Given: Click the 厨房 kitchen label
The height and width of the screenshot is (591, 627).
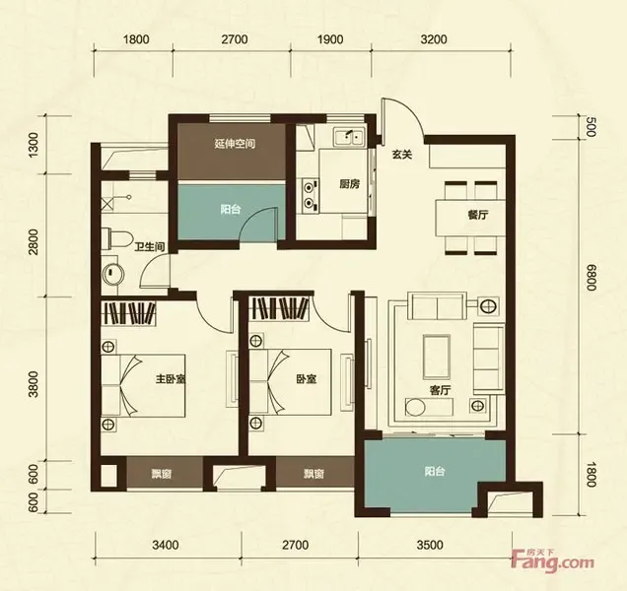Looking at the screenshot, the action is [350, 184].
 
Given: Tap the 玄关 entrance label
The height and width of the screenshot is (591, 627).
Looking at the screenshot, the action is [402, 155].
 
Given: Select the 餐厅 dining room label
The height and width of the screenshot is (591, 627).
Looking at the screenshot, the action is [478, 215].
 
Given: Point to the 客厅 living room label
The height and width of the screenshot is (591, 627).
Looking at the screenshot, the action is [441, 390].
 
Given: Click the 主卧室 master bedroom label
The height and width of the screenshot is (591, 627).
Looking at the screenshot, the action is [171, 378].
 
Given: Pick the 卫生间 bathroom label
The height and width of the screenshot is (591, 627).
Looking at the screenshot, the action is [150, 247].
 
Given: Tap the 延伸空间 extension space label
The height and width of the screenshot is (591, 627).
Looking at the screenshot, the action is [235, 144].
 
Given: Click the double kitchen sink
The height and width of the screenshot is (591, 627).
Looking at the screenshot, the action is [350, 137].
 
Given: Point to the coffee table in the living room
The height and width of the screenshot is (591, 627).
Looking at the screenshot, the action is [437, 357].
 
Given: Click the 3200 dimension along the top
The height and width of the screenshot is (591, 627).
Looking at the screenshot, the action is [434, 39].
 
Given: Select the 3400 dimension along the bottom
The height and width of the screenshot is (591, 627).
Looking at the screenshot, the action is [166, 545].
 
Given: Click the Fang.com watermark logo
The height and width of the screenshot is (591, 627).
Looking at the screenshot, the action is [553, 560].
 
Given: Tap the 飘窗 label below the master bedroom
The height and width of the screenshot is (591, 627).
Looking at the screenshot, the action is [162, 474].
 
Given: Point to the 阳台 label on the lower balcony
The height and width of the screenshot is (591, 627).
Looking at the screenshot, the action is [435, 472].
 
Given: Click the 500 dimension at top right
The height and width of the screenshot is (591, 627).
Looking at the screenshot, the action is [592, 127].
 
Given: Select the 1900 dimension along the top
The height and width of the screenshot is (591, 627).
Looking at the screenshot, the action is [329, 39].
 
